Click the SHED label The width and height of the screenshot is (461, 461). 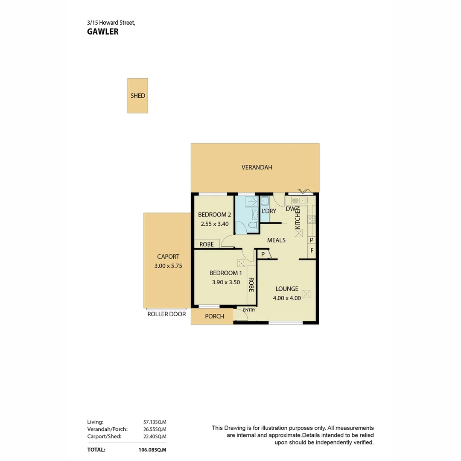(x=137, y=96)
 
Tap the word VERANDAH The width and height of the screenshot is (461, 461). (x=257, y=167)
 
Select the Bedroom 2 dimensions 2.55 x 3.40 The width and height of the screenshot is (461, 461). (x=215, y=223)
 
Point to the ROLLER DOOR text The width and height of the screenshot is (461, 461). (x=166, y=314)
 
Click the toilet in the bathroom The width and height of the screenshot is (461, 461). (x=252, y=225)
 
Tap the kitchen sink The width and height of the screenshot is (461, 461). (x=299, y=200)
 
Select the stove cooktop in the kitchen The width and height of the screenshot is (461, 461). (x=312, y=219)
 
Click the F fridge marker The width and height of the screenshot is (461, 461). (x=312, y=251)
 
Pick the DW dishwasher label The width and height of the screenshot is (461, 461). (x=291, y=209)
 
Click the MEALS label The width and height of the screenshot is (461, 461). (x=276, y=240)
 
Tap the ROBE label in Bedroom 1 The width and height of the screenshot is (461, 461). (x=251, y=285)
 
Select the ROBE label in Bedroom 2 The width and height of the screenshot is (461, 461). (x=207, y=245)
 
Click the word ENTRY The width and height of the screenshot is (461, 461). (x=249, y=310)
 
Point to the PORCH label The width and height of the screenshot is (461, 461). (x=214, y=316)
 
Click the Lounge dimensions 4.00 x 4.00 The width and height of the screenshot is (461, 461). (x=287, y=298)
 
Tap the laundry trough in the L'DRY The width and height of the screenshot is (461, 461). (x=265, y=201)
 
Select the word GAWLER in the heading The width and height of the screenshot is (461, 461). (x=102, y=32)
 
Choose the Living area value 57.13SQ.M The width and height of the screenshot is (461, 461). (x=155, y=422)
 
